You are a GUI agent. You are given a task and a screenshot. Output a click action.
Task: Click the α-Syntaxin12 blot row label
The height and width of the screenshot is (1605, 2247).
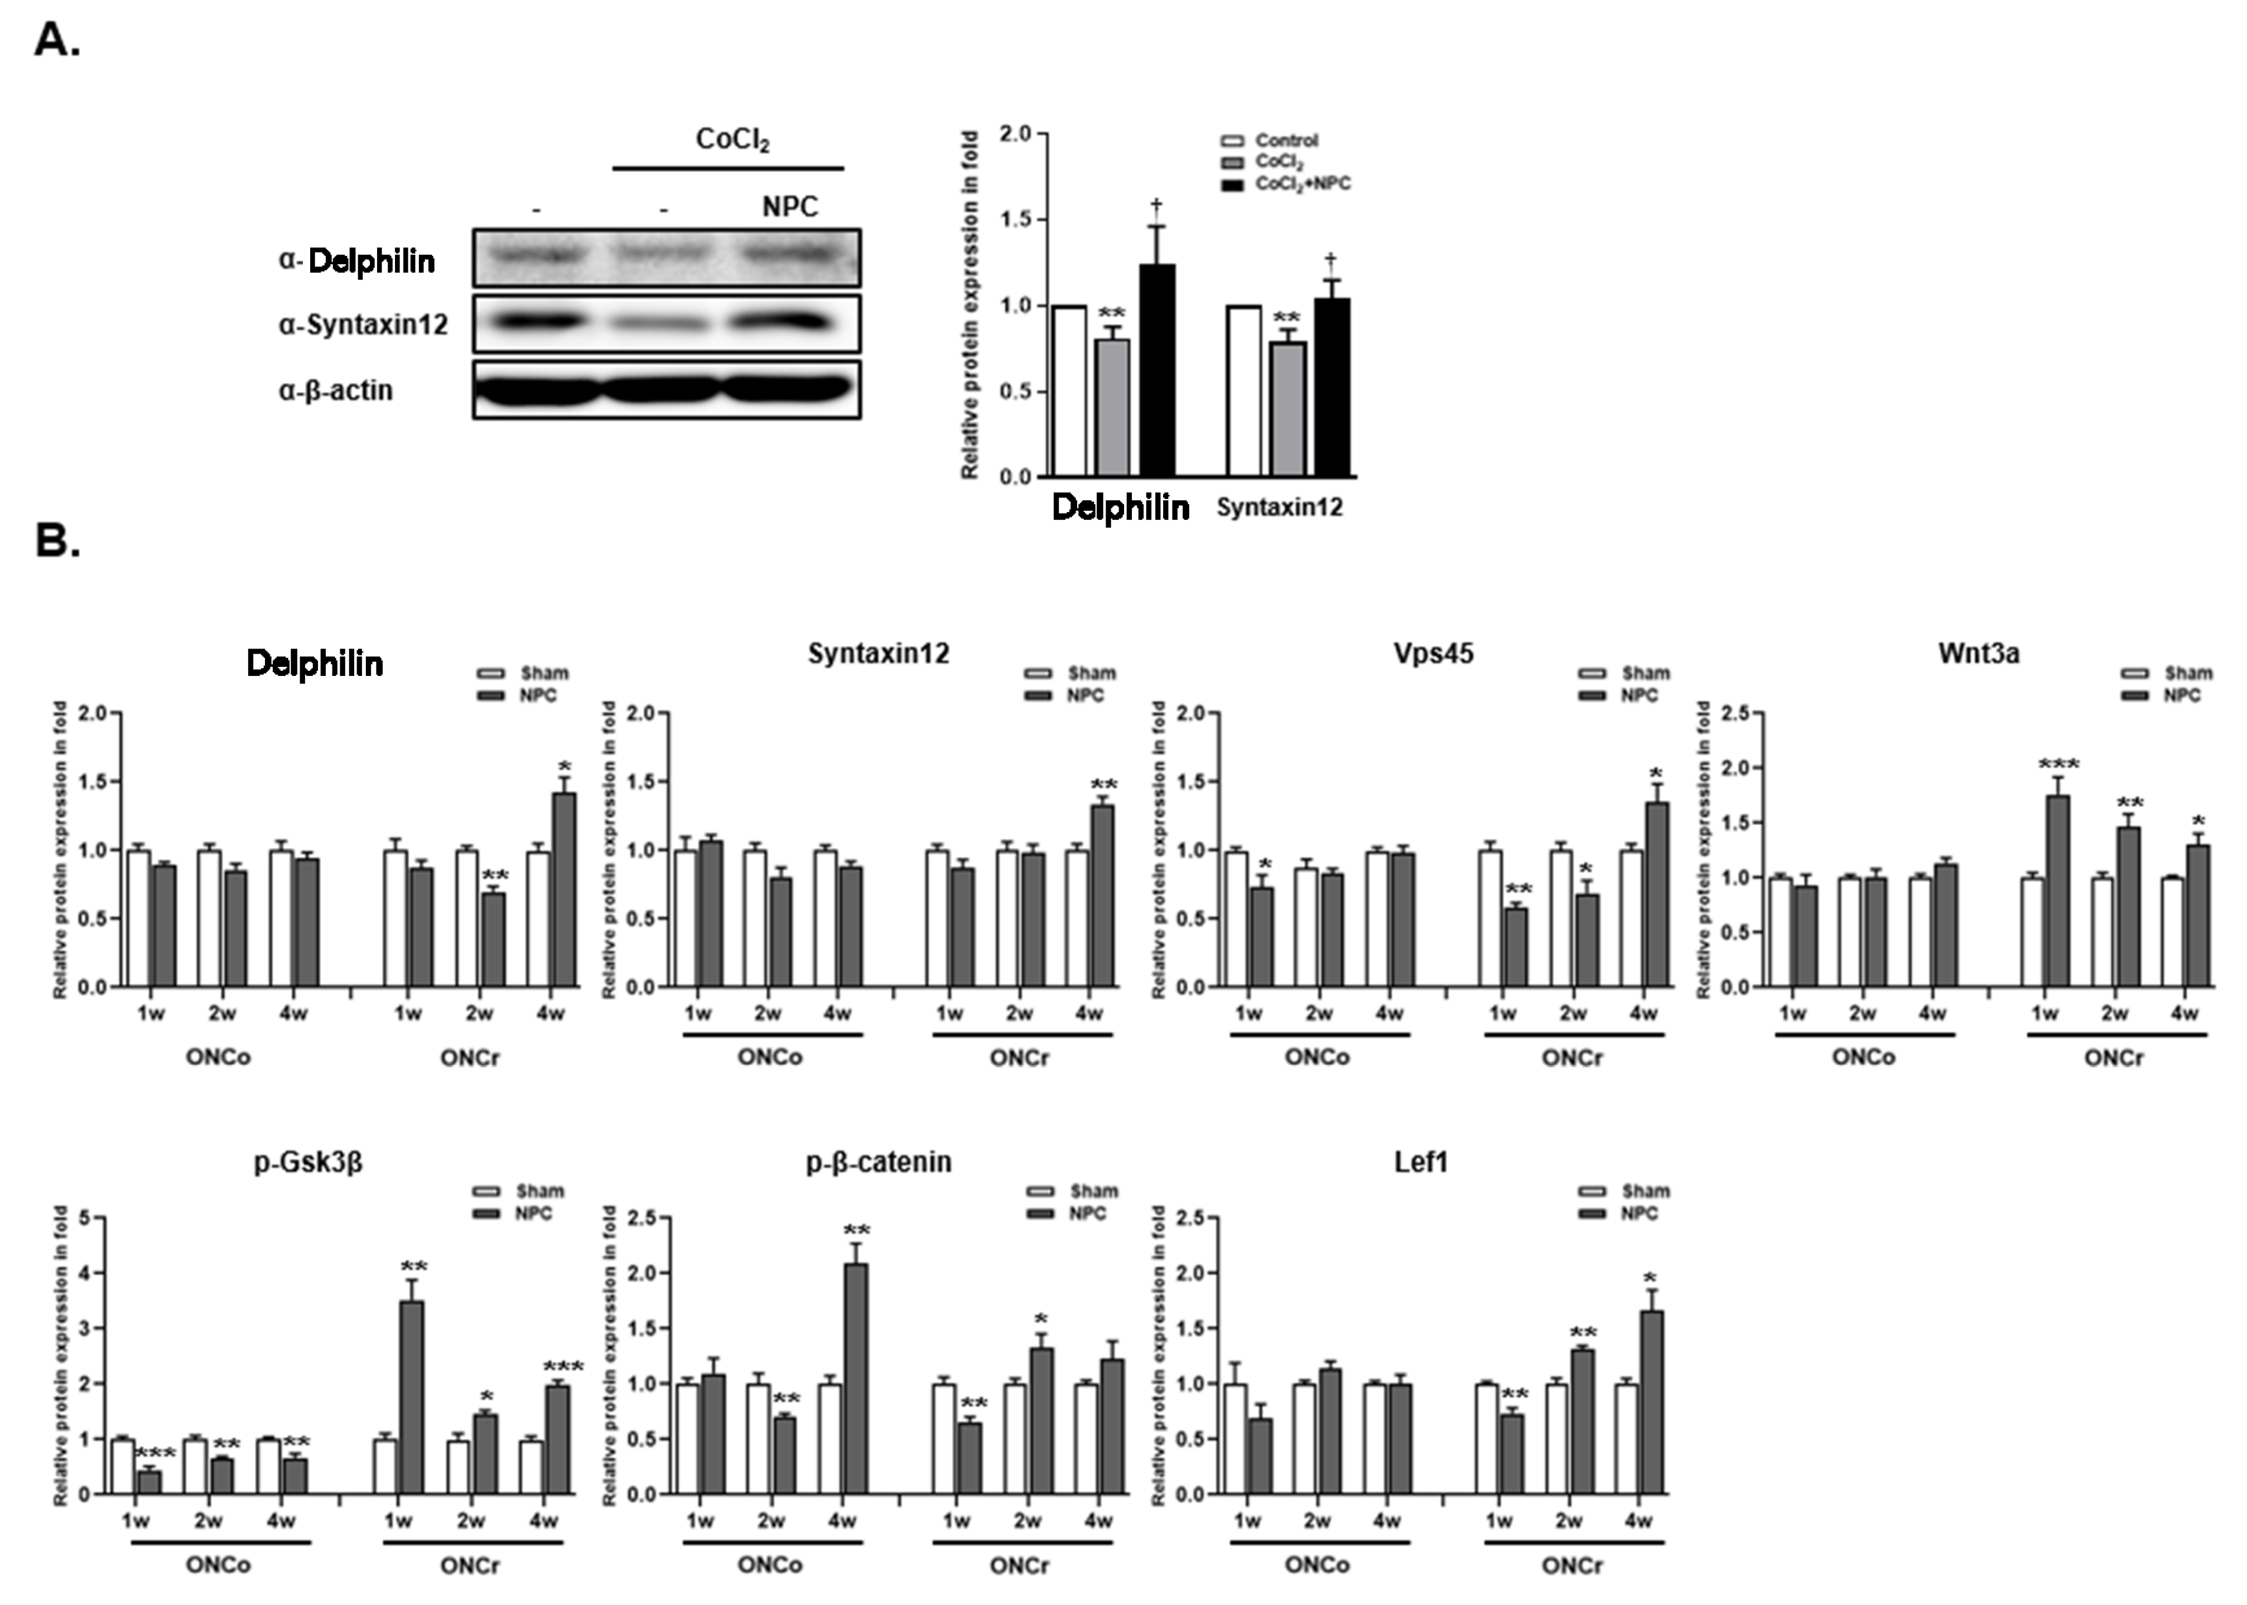pyautogui.click(x=363, y=324)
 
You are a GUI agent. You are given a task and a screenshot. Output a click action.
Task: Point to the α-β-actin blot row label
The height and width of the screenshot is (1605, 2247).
pyautogui.click(x=336, y=390)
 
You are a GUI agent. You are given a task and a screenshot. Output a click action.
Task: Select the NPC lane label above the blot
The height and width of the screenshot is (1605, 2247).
pyautogui.click(x=790, y=206)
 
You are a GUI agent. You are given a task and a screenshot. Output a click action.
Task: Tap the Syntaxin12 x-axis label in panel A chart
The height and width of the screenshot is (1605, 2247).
pyautogui.click(x=1279, y=507)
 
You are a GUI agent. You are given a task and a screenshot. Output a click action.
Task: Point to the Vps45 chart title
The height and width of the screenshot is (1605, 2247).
pyautogui.click(x=1433, y=653)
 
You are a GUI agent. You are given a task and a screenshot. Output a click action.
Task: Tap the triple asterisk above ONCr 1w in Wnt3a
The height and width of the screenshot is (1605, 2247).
pyautogui.click(x=2058, y=764)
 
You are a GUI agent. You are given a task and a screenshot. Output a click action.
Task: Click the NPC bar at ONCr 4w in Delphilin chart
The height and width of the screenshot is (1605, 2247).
pyautogui.click(x=563, y=889)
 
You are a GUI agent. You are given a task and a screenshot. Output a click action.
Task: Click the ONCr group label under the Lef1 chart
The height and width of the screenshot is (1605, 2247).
pyautogui.click(x=1572, y=1565)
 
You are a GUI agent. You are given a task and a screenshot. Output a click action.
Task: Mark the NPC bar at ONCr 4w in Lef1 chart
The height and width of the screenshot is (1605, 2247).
pyautogui.click(x=1651, y=1403)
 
